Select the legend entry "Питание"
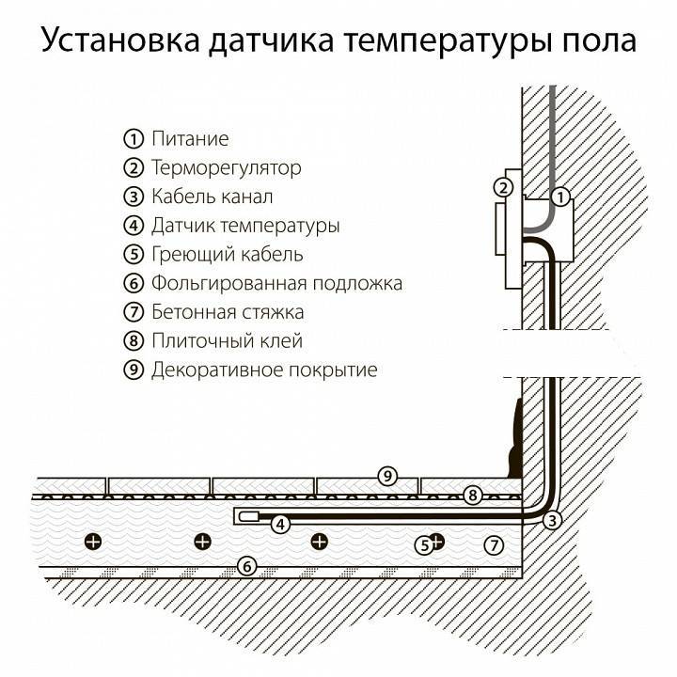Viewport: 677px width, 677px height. (190, 139)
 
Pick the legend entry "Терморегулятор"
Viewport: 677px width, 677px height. (226, 168)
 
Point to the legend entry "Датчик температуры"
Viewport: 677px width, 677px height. (244, 226)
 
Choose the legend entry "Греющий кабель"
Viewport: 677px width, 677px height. (227, 254)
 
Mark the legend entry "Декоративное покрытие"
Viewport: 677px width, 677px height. (263, 370)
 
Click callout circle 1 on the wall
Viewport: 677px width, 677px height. (560, 197)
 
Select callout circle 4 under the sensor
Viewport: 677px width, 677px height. (279, 526)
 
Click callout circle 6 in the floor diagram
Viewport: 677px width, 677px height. (245, 566)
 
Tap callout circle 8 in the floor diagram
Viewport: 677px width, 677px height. (474, 494)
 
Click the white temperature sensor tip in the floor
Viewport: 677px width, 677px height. (250, 514)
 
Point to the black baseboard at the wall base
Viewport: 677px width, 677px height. (514, 437)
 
